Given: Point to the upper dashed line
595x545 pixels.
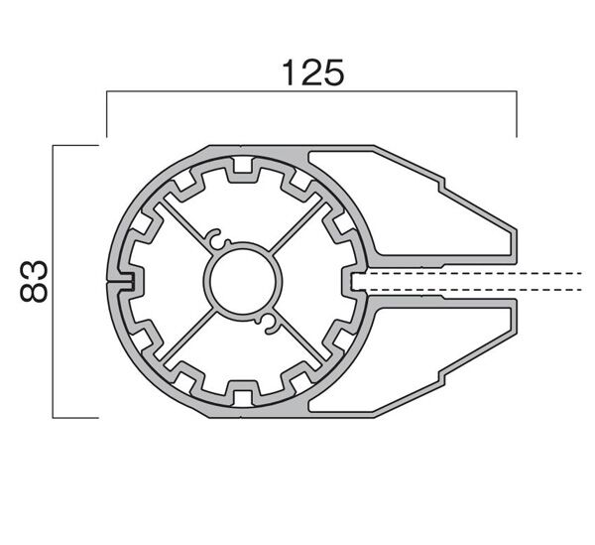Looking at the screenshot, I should [x=476, y=271].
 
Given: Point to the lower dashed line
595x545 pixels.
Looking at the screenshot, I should [x=476, y=290].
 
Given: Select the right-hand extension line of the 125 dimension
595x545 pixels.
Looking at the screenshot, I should [x=517, y=115].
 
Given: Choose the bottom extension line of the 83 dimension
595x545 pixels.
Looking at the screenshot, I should [x=75, y=418].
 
